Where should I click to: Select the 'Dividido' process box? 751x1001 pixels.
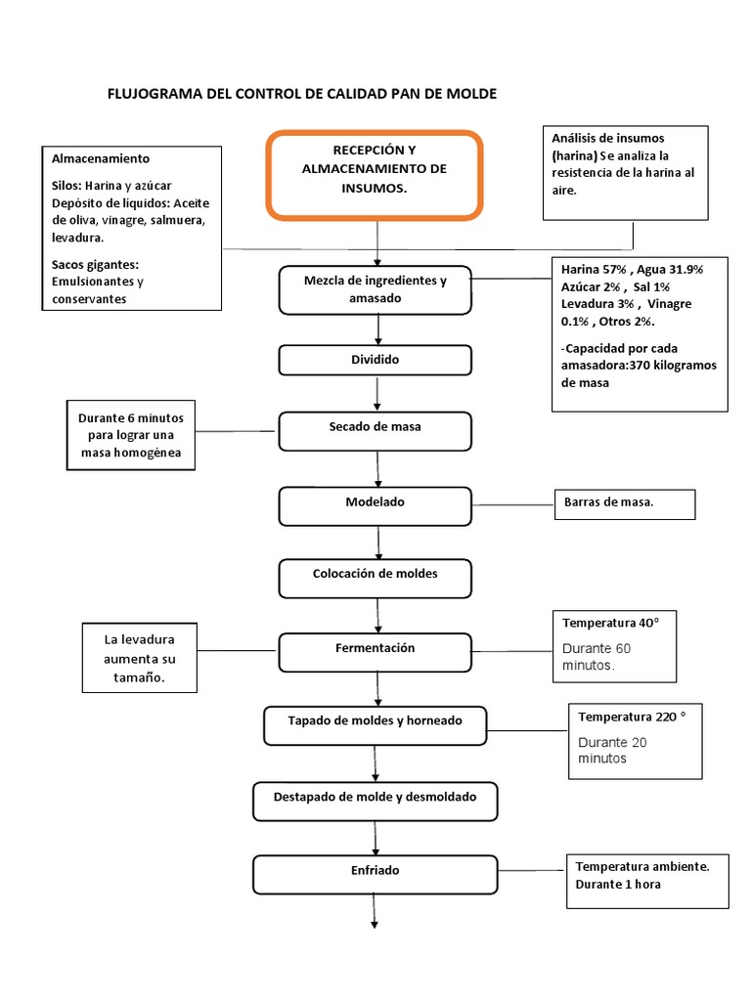tap(376, 360)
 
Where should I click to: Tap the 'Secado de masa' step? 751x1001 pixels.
tap(376, 429)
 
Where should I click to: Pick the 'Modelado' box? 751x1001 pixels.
tap(376, 504)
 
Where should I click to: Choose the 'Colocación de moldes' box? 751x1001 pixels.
tap(376, 577)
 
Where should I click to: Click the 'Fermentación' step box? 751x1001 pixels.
tap(376, 651)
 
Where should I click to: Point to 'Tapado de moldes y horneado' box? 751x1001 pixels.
tap(376, 724)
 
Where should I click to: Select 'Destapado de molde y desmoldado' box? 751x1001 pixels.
tap(376, 800)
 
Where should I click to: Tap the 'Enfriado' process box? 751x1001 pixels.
tap(376, 873)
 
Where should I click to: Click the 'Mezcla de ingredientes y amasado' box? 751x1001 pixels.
tap(376, 289)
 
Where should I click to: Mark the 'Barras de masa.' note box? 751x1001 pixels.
tap(623, 504)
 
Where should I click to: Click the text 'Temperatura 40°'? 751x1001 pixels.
tap(604, 623)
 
